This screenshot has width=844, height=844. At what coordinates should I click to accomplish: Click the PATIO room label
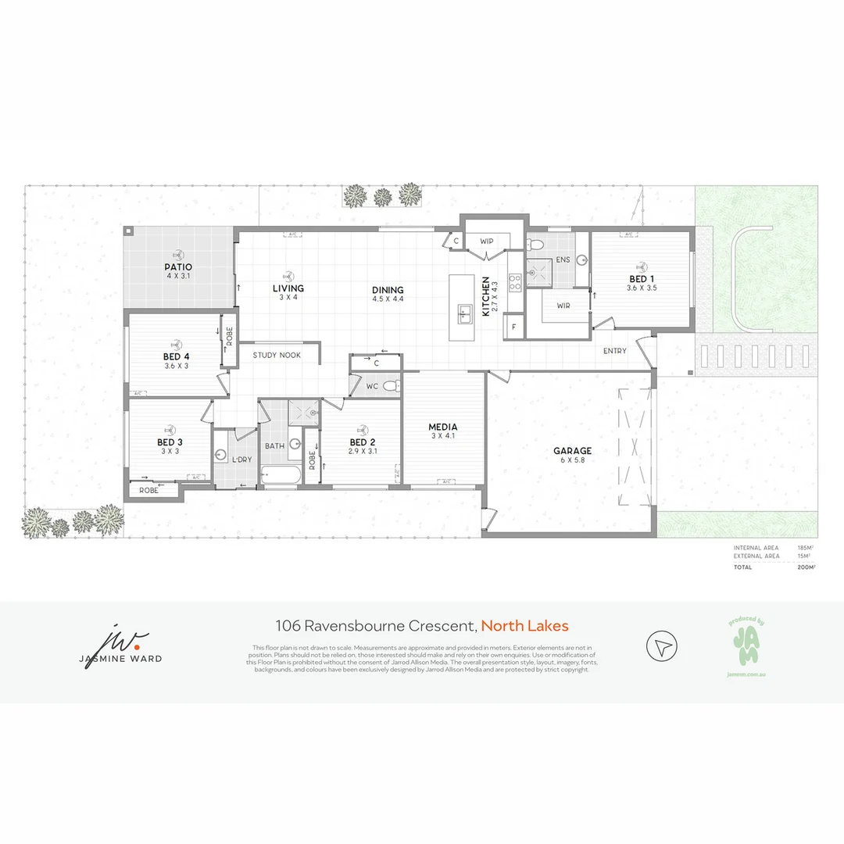(x=179, y=267)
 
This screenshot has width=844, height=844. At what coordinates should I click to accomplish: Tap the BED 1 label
(x=642, y=279)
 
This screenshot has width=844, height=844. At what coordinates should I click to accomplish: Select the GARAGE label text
(x=572, y=451)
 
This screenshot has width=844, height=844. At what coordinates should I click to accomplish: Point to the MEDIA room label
(x=442, y=427)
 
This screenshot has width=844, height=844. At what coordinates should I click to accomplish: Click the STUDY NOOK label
(x=277, y=356)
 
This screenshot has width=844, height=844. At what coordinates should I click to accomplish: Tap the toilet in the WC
(x=391, y=385)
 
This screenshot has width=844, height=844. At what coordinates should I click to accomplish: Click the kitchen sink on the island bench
(x=464, y=314)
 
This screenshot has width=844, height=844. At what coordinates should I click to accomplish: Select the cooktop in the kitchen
(x=515, y=282)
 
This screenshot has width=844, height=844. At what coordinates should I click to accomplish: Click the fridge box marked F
(x=514, y=327)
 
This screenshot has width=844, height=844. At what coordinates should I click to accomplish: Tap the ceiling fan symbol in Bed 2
(x=362, y=430)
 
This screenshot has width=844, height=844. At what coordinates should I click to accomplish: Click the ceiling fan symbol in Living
(x=288, y=276)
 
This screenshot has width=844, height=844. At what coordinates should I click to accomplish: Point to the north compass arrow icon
(x=662, y=647)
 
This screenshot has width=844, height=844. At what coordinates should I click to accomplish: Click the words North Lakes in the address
(x=524, y=625)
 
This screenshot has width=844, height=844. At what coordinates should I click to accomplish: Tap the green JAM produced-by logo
(x=745, y=644)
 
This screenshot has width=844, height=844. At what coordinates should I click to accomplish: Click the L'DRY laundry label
(x=241, y=460)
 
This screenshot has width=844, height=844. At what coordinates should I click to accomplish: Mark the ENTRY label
(x=614, y=351)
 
